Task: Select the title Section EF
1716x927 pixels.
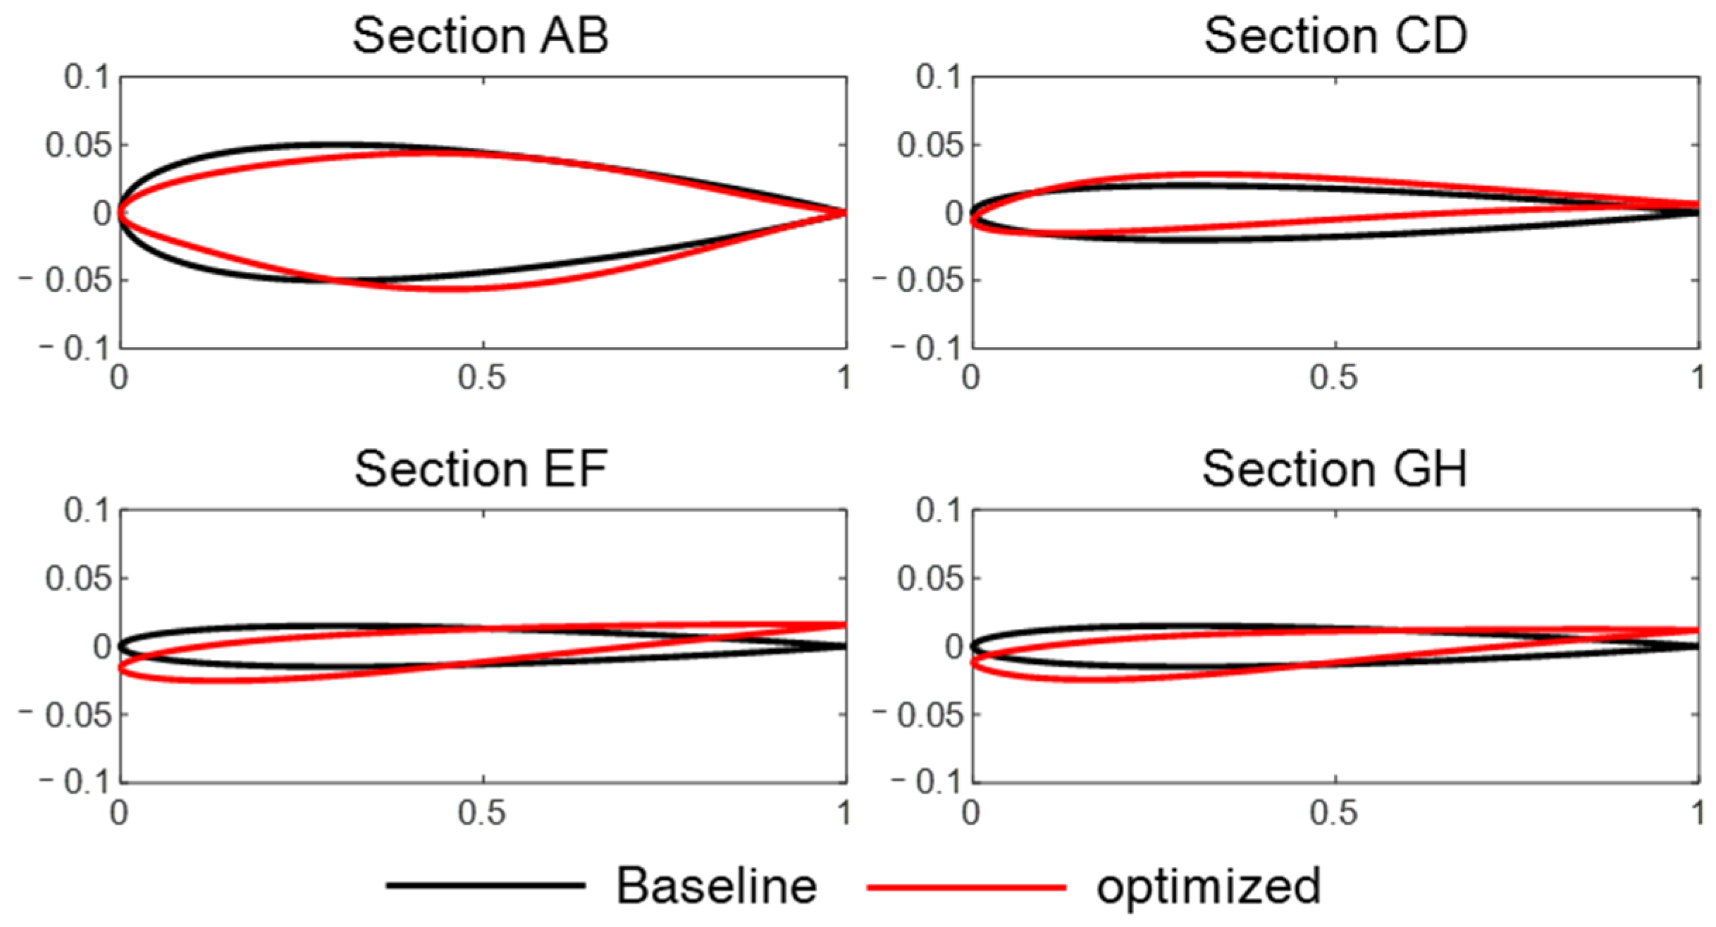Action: [481, 469]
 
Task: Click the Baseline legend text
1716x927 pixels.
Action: [717, 885]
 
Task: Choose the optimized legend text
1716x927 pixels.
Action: [1208, 887]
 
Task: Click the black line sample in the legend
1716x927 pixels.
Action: [486, 885]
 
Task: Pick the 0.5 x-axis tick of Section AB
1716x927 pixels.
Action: [482, 379]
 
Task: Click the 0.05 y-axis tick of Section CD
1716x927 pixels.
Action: [929, 146]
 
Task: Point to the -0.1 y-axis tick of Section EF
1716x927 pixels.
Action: [75, 782]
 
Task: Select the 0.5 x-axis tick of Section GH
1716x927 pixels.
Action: [1334, 813]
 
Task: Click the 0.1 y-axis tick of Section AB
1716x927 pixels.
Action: [87, 77]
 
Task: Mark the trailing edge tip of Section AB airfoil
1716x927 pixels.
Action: [844, 212]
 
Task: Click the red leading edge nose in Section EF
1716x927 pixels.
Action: [121, 668]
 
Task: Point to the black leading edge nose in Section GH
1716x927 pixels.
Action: [974, 646]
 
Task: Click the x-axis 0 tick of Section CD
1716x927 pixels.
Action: [971, 379]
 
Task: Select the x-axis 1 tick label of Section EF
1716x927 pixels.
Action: [844, 813]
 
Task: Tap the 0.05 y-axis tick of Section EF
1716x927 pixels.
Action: [78, 579]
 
